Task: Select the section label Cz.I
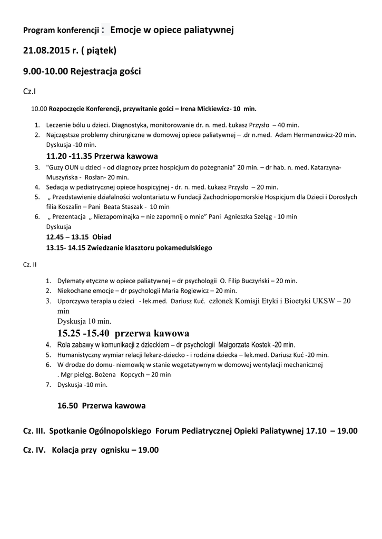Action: pyautogui.click(x=30, y=92)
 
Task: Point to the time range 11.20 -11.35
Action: pyautogui.click(x=68, y=156)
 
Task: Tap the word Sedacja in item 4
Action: pyautogui.click(x=58, y=187)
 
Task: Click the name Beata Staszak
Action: pyautogui.click(x=122, y=207)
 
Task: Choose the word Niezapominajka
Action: pyautogui.click(x=125, y=217)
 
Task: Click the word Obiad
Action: pyautogui.click(x=102, y=237)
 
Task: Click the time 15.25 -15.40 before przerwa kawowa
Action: pyautogui.click(x=84, y=333)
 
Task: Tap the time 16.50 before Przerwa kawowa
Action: pyautogui.click(x=68, y=406)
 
